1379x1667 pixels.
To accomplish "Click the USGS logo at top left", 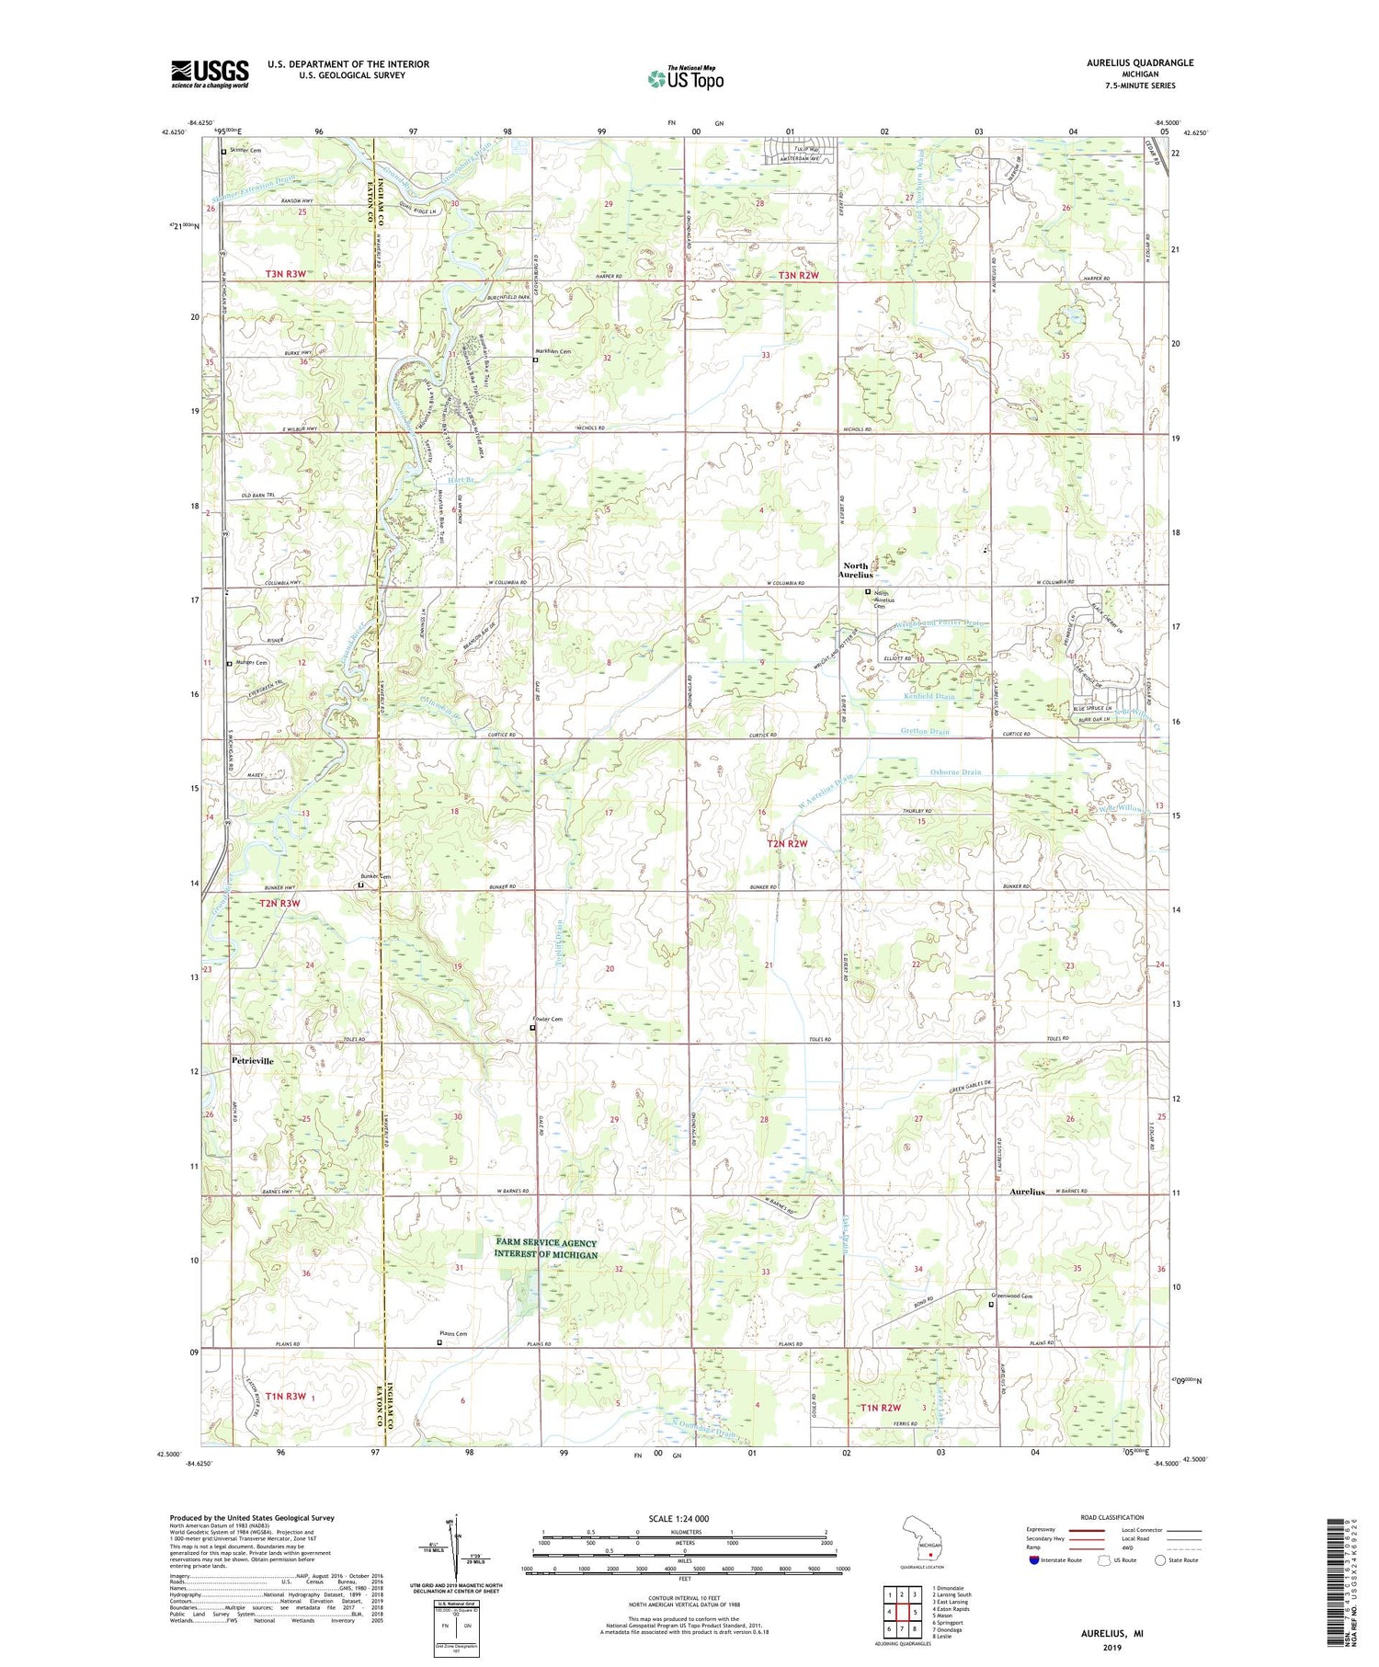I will tap(210, 74).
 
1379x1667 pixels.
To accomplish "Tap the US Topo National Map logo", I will tap(685, 78).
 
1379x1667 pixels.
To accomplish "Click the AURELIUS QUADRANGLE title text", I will tap(1140, 63).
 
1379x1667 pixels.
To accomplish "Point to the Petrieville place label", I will tap(252, 1060).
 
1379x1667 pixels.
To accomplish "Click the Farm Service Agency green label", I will tap(546, 1249).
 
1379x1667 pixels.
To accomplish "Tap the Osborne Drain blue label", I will tap(955, 772).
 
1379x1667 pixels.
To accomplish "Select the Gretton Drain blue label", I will tap(924, 732).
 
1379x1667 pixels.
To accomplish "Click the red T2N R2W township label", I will tap(787, 843).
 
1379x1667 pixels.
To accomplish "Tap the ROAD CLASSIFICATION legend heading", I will tap(1112, 1517).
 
